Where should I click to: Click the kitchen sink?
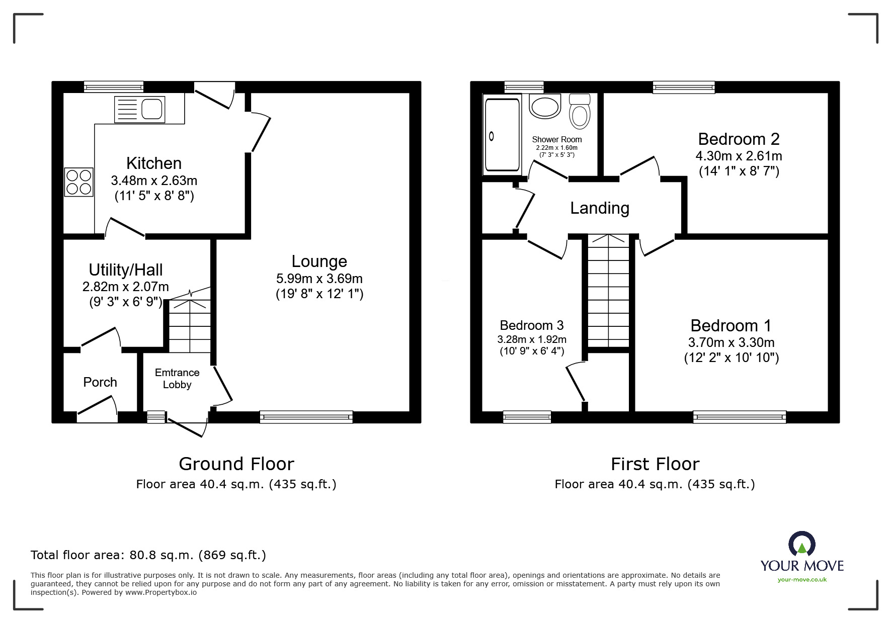click(139, 109)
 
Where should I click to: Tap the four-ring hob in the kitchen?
click(79, 182)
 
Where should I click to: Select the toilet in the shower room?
click(580, 111)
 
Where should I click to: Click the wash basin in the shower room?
click(544, 106)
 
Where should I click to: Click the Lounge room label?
click(319, 261)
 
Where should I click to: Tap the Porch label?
click(100, 382)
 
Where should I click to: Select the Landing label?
click(600, 208)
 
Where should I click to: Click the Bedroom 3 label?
click(532, 325)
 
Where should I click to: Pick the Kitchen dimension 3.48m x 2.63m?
click(154, 181)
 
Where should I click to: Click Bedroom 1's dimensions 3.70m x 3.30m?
click(732, 342)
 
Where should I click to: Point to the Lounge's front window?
click(306, 417)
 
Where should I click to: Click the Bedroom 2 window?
click(684, 87)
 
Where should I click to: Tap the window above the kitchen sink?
click(114, 87)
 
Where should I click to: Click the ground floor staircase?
click(189, 322)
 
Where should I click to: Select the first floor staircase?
click(609, 290)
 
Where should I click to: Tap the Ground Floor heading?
click(236, 464)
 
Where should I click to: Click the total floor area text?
click(148, 555)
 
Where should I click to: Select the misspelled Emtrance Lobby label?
click(177, 379)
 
